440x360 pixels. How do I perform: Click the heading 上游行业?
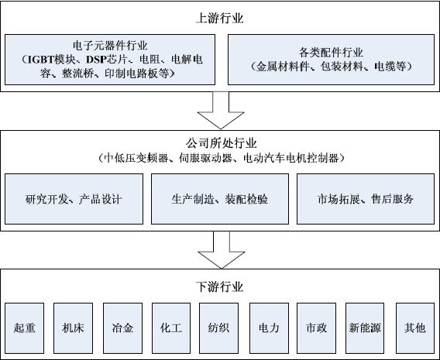pos(220,19)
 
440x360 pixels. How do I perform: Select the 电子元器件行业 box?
pos(110,60)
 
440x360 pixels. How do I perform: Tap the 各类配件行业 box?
pos(331,60)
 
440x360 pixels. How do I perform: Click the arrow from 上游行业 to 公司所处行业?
pos(221,110)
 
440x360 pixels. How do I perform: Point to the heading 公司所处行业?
pos(221,143)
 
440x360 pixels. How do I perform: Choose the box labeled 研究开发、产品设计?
pos(74,199)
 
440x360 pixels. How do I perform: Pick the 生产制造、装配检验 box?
pos(220,199)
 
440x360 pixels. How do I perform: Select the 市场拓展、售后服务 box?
pos(366,199)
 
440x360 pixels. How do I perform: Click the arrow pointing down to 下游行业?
pos(222,250)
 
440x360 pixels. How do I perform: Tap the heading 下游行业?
pos(220,286)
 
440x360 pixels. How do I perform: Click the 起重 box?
pos(25,328)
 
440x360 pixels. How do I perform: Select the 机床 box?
pos(74,328)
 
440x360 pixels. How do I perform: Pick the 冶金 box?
pos(122,328)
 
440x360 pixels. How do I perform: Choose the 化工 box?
pos(171,328)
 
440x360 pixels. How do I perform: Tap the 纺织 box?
pos(219,328)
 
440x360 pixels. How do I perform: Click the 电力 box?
pos(269,328)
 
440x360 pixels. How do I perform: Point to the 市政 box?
pos(317,328)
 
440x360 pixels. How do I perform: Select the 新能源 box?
pos(365,328)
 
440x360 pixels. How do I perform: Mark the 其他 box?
pos(415,328)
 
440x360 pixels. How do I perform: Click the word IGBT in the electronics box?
pos(41,60)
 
